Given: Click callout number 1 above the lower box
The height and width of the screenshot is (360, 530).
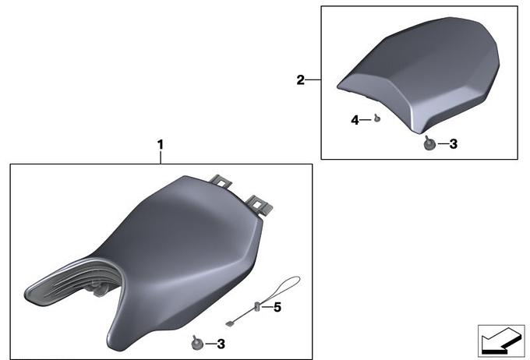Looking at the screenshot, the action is [x=161, y=145].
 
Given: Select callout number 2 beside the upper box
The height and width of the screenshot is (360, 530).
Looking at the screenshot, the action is [x=301, y=80].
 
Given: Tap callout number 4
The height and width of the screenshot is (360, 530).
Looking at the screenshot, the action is [x=355, y=120].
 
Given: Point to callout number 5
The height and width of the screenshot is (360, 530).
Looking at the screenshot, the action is [x=277, y=307].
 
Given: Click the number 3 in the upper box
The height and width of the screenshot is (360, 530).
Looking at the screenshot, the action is [x=454, y=144].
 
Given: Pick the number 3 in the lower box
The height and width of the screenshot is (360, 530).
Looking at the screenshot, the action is [x=221, y=344].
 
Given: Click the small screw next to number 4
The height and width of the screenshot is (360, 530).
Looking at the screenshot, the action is [x=377, y=118].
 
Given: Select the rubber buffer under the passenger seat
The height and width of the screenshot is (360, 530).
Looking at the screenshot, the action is [x=429, y=143].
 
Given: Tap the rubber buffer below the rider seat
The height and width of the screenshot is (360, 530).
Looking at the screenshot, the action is [x=197, y=343].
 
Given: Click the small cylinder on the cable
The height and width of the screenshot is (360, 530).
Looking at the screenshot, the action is [x=257, y=306].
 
